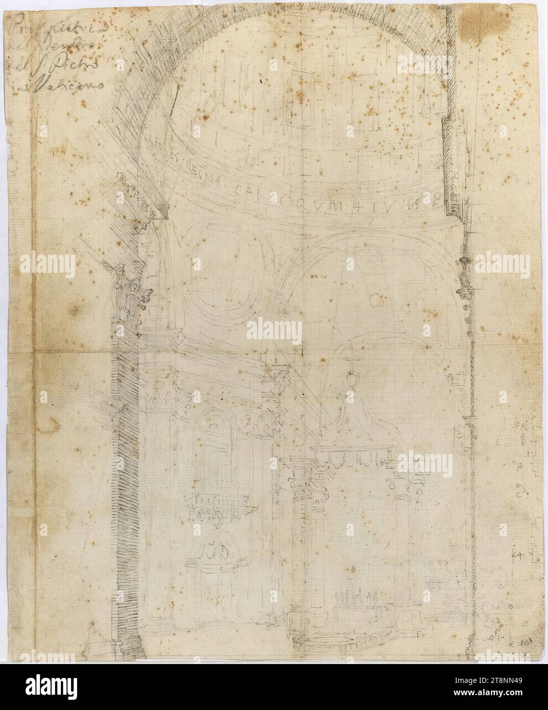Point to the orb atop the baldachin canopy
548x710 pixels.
click(x=350, y=378)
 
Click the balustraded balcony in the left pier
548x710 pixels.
click(x=220, y=506)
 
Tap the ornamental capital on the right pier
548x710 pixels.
click(x=465, y=278)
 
